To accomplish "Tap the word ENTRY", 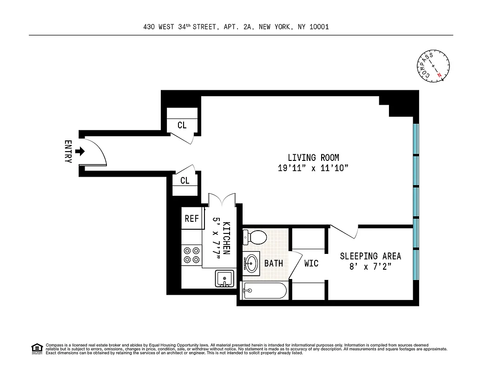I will point(68,152).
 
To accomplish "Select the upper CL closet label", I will point(182,126).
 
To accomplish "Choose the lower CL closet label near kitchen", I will point(185,180).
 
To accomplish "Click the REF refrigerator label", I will point(191,219).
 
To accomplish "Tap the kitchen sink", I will point(225,279).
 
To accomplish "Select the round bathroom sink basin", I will point(251,262).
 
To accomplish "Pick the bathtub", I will point(264,291).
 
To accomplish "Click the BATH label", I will point(274,263).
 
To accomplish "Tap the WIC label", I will point(311,263).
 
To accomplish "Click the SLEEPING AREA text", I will point(370,256).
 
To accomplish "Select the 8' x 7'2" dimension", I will point(370,266).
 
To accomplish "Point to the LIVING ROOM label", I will point(313,158).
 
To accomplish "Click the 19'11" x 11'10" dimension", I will point(313,168).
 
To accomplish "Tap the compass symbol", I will point(433,66).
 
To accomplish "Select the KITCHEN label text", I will point(226,237).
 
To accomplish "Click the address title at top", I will point(236,27).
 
